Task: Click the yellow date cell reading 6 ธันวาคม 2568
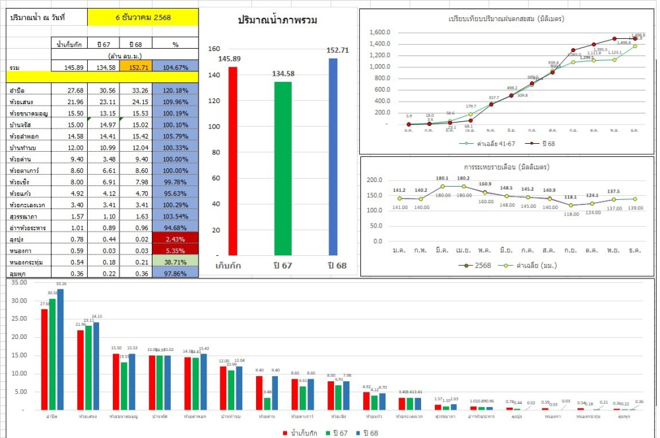[143, 17]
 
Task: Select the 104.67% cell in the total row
[175, 67]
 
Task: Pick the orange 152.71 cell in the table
[139, 67]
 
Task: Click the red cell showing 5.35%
[175, 250]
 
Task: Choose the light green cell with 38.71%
[175, 262]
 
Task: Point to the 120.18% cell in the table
[175, 90]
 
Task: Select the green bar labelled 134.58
[282, 168]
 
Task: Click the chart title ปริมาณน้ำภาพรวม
[277, 20]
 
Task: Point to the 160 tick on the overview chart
[213, 49]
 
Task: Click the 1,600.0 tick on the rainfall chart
[380, 32]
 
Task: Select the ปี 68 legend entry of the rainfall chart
[543, 142]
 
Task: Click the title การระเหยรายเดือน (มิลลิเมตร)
[506, 167]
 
